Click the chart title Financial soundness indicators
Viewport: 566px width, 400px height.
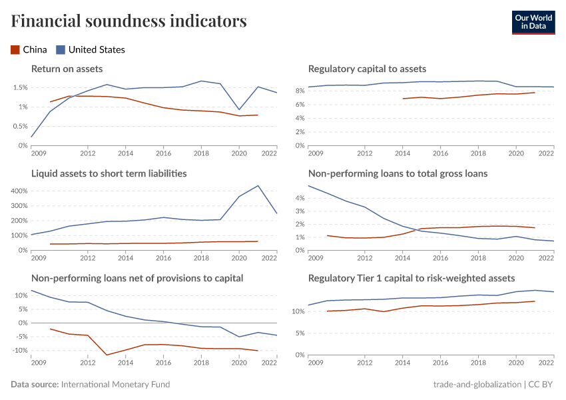(x=129, y=21)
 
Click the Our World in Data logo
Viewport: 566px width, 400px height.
(x=533, y=22)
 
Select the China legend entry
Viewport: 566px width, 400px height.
(x=29, y=49)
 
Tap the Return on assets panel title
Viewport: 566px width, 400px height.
(x=67, y=69)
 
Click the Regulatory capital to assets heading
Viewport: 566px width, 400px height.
(x=367, y=69)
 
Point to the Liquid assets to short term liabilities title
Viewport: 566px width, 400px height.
(x=109, y=173)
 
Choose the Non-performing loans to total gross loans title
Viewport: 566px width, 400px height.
(x=398, y=173)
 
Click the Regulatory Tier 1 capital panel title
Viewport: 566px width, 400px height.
(x=411, y=278)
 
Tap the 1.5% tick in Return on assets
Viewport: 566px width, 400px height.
(x=19, y=88)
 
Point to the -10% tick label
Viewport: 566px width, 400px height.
(x=19, y=351)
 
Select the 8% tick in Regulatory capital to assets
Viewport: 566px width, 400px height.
(x=300, y=91)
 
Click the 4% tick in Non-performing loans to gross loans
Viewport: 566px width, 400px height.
(x=300, y=198)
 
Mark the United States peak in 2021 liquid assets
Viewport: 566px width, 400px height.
(x=258, y=185)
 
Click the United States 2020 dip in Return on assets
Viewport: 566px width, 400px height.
(x=239, y=110)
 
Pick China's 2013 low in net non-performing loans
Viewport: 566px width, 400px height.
(x=107, y=355)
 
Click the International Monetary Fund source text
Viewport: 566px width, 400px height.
(x=115, y=385)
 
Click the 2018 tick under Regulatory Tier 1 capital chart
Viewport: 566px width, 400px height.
(x=477, y=362)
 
